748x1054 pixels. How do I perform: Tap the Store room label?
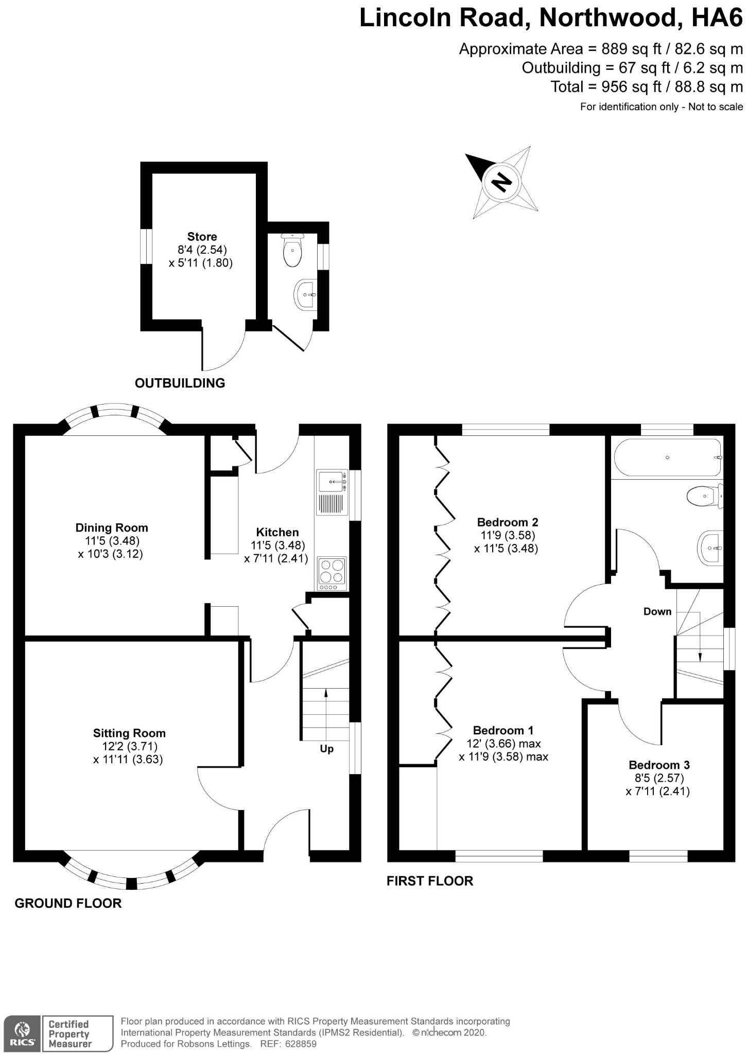(202, 237)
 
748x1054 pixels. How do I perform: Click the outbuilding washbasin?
(306, 295)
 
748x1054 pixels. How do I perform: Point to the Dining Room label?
(112, 528)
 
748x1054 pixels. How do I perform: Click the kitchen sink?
(333, 482)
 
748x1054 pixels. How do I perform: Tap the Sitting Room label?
(129, 733)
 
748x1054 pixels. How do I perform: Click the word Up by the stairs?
(327, 749)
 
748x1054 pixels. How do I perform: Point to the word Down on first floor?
(657, 611)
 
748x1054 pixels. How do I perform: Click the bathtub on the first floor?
(668, 458)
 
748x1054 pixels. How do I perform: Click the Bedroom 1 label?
(503, 730)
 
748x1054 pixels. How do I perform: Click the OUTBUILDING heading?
(180, 383)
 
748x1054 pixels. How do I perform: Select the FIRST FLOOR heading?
(430, 881)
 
